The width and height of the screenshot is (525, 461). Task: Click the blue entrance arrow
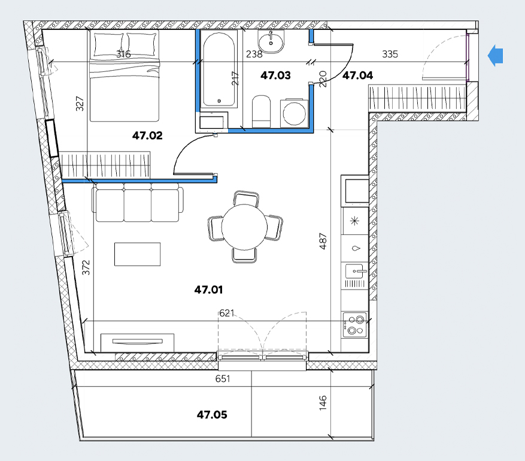coord(496,56)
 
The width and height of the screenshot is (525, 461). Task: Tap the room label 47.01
coord(208,290)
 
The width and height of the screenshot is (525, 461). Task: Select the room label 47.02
coord(147,135)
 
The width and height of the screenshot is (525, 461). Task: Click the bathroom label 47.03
coord(275,75)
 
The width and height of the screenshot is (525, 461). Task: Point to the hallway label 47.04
coord(357,75)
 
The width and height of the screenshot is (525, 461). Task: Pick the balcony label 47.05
coord(212,415)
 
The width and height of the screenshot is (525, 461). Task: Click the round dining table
coord(244,227)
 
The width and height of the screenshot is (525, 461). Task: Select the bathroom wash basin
coord(271,41)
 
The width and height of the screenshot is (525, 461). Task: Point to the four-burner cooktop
coord(355,325)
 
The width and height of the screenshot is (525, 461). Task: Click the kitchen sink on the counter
coord(356,272)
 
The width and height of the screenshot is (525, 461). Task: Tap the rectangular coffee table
coord(137,254)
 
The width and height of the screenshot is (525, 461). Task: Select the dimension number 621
coord(227,313)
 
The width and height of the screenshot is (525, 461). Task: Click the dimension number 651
coord(223,378)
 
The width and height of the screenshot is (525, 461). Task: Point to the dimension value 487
coord(323,242)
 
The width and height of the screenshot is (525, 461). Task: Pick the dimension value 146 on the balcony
coord(323,403)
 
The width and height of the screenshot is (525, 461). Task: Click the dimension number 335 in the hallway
coord(390,54)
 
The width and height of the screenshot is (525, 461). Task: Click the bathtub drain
coord(219,101)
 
